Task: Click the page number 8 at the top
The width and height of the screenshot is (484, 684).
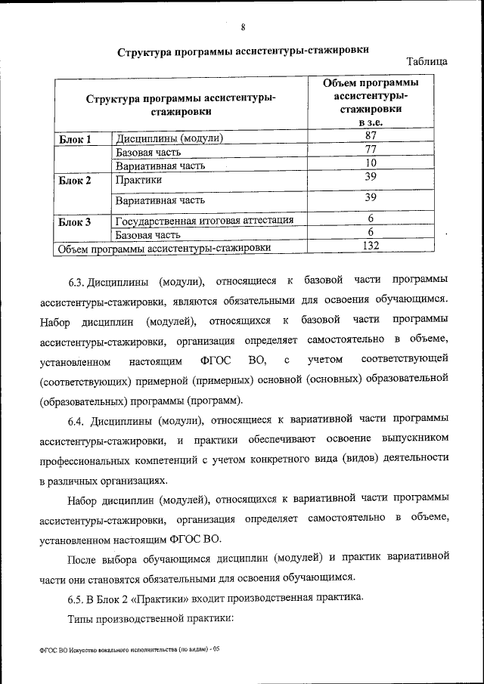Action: pos(243,28)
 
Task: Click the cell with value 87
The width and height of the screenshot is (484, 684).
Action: pos(371,136)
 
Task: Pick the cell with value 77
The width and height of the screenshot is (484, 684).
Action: pos(371,150)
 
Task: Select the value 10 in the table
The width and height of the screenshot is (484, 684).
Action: pos(371,163)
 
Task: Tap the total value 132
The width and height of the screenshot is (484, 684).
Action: pos(371,246)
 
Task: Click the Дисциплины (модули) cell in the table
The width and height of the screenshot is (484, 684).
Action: pos(169,139)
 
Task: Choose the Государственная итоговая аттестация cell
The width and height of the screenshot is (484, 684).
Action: pos(204,221)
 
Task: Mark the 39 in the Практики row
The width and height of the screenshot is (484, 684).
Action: pos(371,177)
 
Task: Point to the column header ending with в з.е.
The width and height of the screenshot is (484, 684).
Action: pos(371,102)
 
